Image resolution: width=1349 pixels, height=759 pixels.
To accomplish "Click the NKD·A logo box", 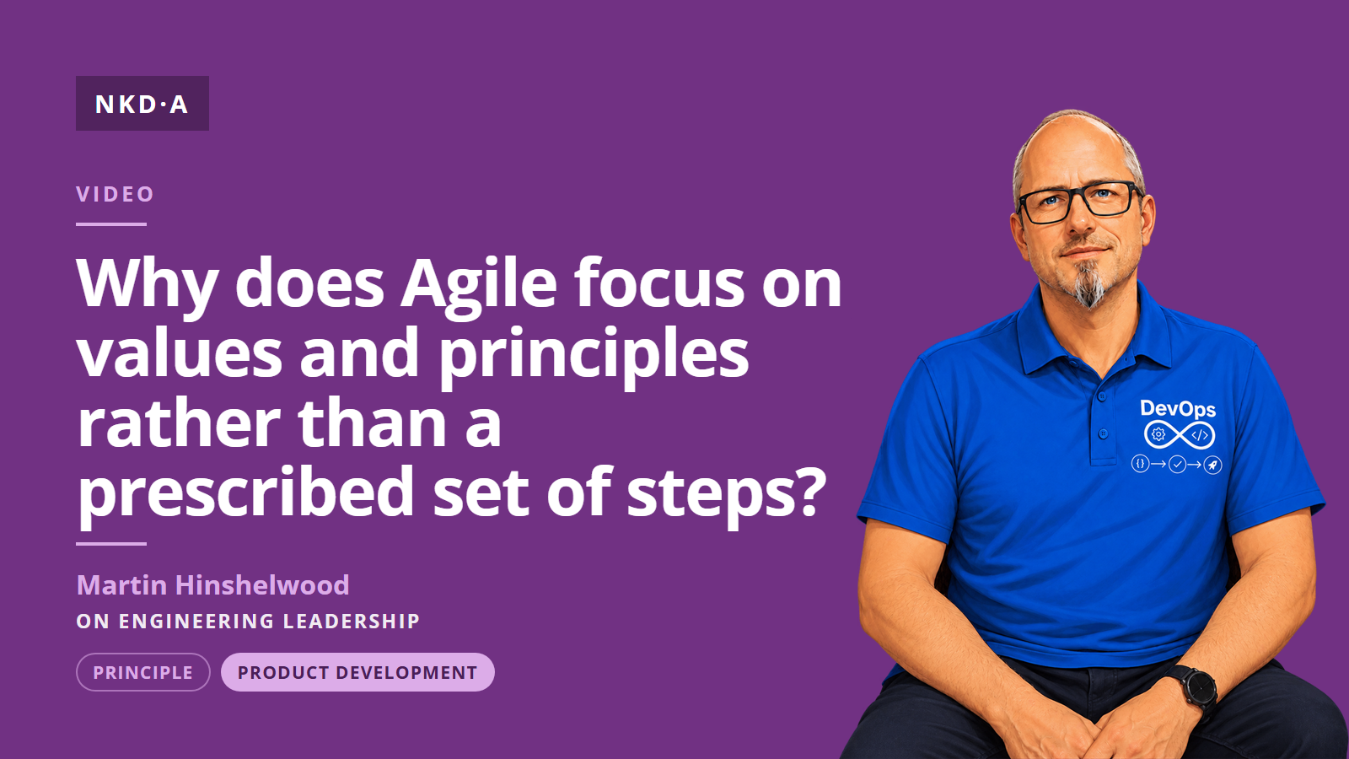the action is tap(142, 103).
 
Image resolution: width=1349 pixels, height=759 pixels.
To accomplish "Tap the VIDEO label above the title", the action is tap(115, 194).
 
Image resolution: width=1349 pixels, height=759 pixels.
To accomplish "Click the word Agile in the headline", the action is tap(479, 285).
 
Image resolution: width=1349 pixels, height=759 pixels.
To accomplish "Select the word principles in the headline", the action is tap(594, 355).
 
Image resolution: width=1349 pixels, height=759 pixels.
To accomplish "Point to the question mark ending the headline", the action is tap(806, 491).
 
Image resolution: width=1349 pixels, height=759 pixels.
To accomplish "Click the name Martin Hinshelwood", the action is tap(212, 585).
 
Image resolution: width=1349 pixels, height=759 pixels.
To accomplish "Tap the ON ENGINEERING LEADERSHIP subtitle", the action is tap(248, 621).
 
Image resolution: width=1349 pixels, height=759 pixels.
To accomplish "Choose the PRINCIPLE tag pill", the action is tap(143, 672).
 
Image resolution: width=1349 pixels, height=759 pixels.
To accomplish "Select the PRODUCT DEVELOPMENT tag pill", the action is tap(357, 672).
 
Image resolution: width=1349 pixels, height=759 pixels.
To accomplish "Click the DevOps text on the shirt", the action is tap(1177, 409).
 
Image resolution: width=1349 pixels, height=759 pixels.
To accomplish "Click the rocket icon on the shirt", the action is tap(1212, 465).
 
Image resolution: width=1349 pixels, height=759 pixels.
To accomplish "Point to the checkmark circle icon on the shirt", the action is tap(1177, 465).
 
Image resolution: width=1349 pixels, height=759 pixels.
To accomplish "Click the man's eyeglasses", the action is tap(1079, 202).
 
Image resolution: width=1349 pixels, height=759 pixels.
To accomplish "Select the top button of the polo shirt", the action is tap(1101, 397).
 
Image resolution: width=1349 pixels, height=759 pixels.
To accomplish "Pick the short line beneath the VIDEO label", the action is tap(111, 224).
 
